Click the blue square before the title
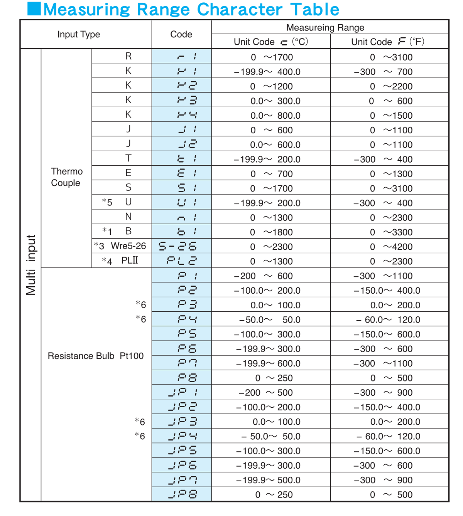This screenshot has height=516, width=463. click(34, 9)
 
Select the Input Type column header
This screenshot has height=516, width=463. click(79, 34)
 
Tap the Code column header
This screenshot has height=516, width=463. click(181, 34)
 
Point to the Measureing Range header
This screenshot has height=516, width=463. click(325, 27)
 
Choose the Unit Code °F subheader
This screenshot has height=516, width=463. click(388, 42)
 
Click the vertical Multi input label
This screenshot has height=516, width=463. click(31, 265)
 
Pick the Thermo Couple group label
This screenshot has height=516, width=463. click(66, 177)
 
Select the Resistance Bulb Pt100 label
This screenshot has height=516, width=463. click(95, 356)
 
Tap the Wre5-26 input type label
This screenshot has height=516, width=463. click(128, 246)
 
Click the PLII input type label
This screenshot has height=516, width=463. click(130, 261)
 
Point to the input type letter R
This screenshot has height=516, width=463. click(128, 56)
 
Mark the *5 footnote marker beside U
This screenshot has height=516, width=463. click(107, 202)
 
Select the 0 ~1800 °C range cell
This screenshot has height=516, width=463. click(271, 232)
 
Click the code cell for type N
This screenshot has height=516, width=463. click(182, 217)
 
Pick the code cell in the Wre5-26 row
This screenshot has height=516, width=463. click(182, 247)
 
